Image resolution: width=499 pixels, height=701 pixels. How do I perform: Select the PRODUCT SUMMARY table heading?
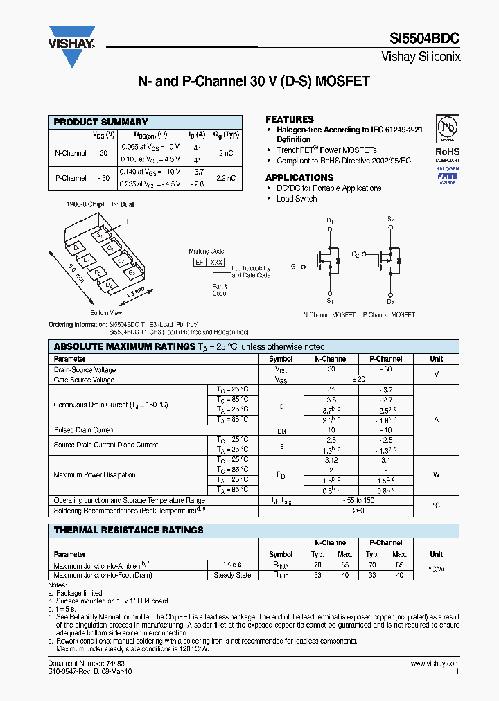tap(100, 122)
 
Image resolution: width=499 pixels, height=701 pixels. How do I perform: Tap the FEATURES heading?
tap(290, 119)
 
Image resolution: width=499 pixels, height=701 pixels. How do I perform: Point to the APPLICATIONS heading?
tap(299, 177)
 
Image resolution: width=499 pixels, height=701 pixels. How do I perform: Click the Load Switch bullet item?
tap(297, 199)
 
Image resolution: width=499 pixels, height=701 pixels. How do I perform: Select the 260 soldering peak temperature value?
tap(358, 511)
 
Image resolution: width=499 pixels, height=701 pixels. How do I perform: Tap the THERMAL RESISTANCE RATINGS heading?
tap(128, 530)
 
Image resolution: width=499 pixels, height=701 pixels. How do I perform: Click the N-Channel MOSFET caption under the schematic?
tap(329, 314)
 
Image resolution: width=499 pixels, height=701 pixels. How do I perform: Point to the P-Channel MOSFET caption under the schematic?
tap(389, 314)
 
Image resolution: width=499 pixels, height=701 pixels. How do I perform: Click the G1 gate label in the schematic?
tap(295, 267)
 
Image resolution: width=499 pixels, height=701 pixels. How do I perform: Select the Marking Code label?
tap(207, 251)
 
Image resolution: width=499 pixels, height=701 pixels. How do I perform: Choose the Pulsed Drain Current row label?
tap(85, 430)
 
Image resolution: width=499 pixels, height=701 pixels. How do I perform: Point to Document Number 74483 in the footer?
tap(76, 664)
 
